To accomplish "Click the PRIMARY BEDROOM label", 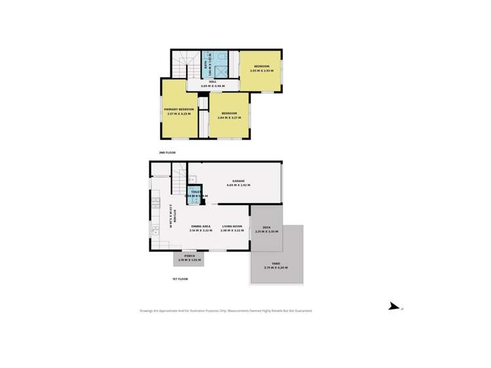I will click(179, 109).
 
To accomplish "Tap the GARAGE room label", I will click(239, 181).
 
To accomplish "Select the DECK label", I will click(267, 227).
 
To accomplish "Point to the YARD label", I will click(276, 263).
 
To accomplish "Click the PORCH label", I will click(188, 256).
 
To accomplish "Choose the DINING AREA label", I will click(201, 226).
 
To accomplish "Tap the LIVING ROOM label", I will click(232, 226).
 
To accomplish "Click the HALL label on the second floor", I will click(212, 82).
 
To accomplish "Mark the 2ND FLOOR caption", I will click(167, 153).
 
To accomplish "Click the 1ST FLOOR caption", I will click(180, 279).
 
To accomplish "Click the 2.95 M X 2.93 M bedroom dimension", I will click(262, 71).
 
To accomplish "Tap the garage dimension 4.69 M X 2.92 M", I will click(239, 185).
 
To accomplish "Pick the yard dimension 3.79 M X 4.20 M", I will click(276, 268).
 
